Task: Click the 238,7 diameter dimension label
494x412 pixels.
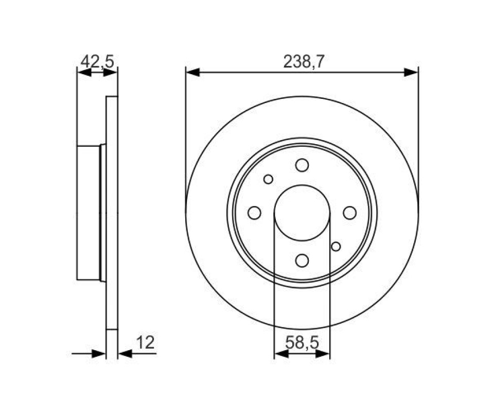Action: [304, 61]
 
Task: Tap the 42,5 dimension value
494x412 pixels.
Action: [97, 61]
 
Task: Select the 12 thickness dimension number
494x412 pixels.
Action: [146, 342]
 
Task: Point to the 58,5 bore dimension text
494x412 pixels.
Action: [302, 342]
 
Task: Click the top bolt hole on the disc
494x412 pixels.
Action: [302, 165]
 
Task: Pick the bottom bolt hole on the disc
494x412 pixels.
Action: [302, 261]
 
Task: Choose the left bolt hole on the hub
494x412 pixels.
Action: [255, 213]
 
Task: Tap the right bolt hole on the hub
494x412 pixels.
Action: [350, 213]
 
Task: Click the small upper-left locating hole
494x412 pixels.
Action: [268, 179]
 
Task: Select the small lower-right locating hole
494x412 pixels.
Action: [336, 247]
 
